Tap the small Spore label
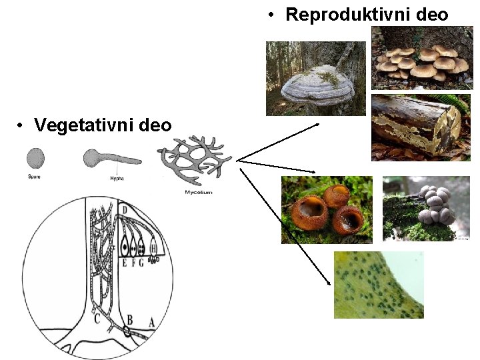(x=35, y=177)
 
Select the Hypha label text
(x=117, y=178)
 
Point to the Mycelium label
(x=198, y=192)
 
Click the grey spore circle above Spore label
(x=35, y=158)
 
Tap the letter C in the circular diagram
(x=97, y=318)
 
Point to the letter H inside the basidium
(x=154, y=249)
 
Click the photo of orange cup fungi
(x=327, y=209)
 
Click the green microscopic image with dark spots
(x=378, y=285)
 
